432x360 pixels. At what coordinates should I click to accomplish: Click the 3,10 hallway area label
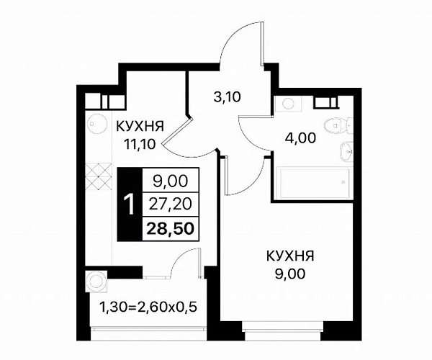227,97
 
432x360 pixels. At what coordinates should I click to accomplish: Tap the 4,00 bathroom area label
300,138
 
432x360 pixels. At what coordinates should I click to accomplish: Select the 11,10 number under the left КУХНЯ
140,144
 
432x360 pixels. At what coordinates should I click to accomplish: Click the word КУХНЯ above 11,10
140,127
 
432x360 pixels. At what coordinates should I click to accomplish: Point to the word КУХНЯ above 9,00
290,257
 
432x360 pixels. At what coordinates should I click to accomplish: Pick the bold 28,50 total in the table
170,229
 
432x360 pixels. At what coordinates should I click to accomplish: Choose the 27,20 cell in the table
170,204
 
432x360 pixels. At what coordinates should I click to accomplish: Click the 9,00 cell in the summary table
171,181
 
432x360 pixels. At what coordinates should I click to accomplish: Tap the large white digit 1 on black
129,205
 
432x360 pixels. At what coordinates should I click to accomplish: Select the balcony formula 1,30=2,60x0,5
148,307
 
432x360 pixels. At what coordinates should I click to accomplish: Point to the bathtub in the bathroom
313,182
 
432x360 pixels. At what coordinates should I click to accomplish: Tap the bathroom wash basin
346,151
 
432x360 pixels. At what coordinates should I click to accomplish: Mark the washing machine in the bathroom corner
288,104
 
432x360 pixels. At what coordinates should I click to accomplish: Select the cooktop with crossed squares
99,177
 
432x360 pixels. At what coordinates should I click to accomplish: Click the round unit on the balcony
96,282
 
